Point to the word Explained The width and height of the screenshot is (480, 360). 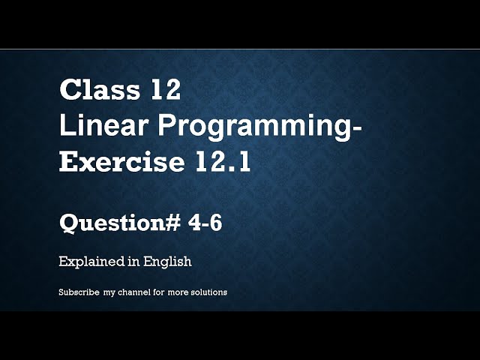[x=87, y=262]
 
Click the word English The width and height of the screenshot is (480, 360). [x=166, y=262]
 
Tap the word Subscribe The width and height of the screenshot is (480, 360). [x=79, y=292]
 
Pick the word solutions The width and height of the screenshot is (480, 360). [x=208, y=292]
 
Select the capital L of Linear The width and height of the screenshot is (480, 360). [x=65, y=127]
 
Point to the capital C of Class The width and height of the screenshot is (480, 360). [x=68, y=91]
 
